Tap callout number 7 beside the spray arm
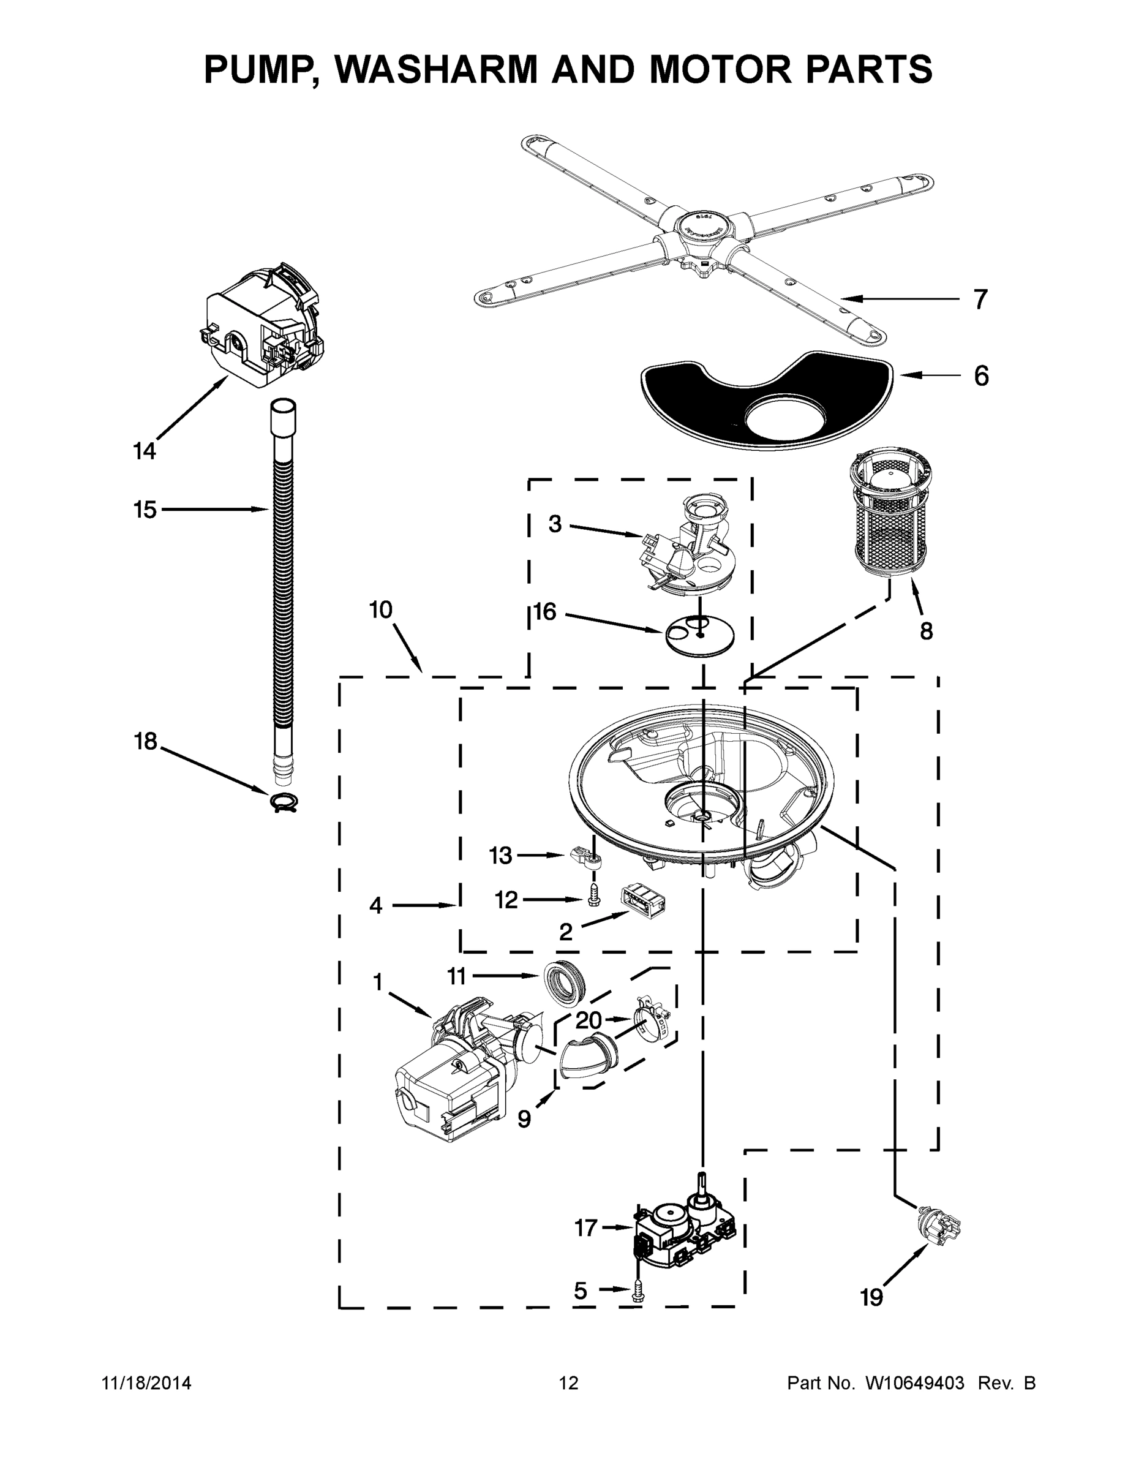(x=980, y=299)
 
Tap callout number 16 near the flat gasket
(x=545, y=612)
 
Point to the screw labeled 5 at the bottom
(x=637, y=1292)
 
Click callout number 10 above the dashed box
(x=380, y=610)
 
